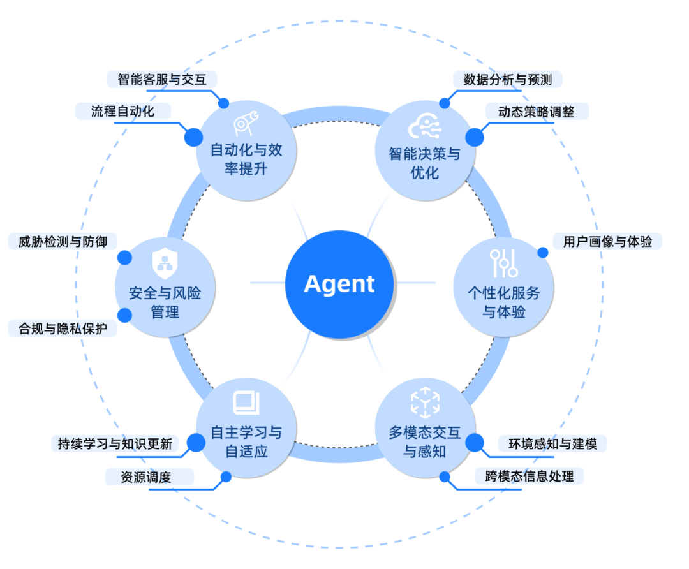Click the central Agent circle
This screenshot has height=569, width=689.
tap(339, 283)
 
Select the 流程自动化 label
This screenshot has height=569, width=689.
tap(122, 111)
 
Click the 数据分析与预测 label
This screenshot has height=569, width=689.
tap(507, 79)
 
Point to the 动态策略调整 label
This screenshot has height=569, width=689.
tap(537, 112)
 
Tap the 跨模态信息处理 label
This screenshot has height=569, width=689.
tap(529, 476)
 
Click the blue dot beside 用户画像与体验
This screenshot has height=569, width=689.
tap(543, 253)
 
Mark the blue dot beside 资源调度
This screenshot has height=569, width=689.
tap(226, 477)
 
